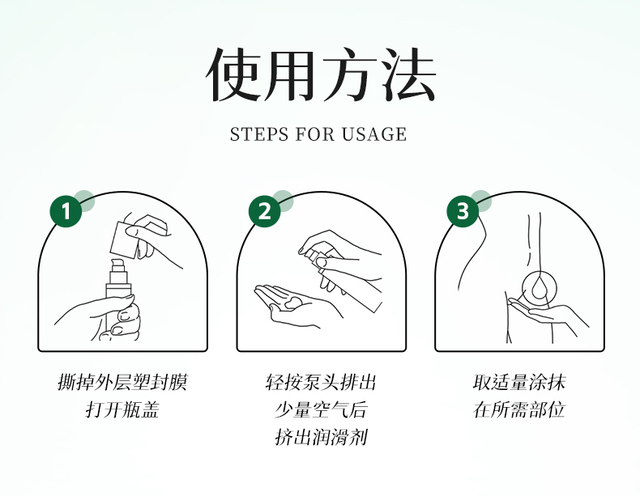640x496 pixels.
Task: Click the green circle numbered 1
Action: [x=66, y=211]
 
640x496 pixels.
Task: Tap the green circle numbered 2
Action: [x=264, y=211]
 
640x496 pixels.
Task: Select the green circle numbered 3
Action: [x=463, y=211]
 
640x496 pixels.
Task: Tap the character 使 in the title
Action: [x=233, y=74]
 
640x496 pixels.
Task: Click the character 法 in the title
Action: [x=409, y=74]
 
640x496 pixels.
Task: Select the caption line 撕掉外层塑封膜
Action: [x=122, y=382]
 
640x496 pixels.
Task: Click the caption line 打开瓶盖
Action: [x=122, y=409]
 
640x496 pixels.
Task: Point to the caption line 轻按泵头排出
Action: [x=321, y=382]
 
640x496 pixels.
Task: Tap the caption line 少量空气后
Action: [x=321, y=409]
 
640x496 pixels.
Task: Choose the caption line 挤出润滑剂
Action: [x=321, y=437]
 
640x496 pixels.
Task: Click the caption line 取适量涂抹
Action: [x=519, y=382]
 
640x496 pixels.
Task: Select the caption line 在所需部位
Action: [x=519, y=409]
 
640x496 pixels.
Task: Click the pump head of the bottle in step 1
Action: [x=117, y=265]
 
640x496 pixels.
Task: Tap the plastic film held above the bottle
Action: [x=124, y=240]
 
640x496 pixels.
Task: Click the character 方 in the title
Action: [x=350, y=74]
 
